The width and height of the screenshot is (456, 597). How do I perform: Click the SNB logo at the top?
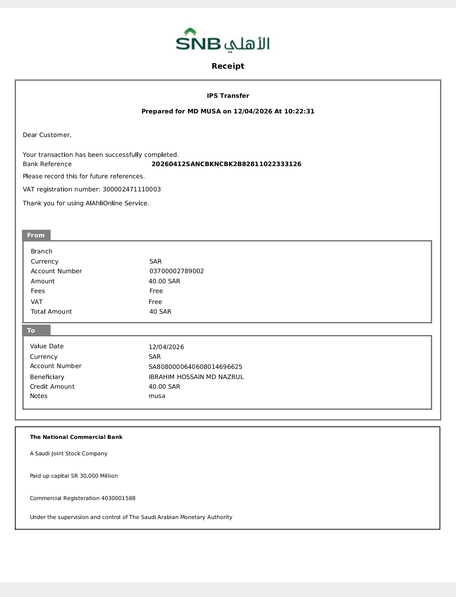tap(223, 40)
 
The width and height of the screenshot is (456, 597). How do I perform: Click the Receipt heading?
tap(228, 66)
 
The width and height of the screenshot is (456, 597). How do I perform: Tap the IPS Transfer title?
tap(228, 96)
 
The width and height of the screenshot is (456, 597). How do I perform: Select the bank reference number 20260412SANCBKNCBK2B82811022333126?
tap(226, 164)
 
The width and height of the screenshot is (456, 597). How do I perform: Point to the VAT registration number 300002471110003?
tap(132, 189)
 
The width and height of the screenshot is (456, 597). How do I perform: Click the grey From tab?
tap(36, 235)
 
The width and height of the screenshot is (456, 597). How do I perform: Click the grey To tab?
tap(32, 331)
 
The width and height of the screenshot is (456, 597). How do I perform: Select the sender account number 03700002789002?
tap(176, 271)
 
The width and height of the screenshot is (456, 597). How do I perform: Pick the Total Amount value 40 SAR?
tap(160, 312)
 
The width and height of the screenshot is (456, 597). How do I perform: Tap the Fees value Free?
tap(156, 291)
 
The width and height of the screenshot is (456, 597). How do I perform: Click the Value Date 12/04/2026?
tap(166, 347)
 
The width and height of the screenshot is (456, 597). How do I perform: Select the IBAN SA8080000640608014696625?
tap(195, 367)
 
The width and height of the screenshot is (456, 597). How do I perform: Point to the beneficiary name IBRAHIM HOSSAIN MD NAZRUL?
tap(196, 377)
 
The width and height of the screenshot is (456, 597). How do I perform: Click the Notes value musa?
tap(157, 396)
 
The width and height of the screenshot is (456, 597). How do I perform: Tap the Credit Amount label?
tap(52, 387)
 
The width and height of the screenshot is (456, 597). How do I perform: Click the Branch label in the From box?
tap(41, 251)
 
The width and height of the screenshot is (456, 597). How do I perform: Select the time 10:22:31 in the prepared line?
tap(299, 111)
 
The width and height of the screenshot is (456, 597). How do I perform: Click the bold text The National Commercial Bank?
tap(76, 437)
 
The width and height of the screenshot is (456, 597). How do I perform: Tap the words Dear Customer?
tap(47, 135)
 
